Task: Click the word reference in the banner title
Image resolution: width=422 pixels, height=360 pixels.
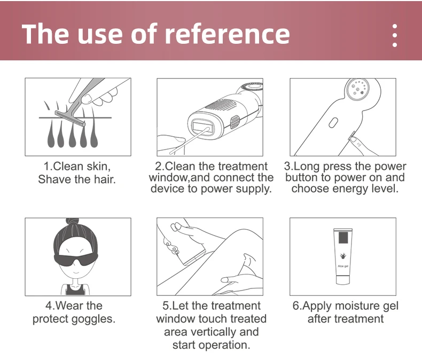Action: pos(227,34)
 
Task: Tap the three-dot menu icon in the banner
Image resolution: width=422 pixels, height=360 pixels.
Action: pos(395,35)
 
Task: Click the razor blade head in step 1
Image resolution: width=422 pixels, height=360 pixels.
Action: pos(70,119)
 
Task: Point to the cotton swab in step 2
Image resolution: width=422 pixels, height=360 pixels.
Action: pos(190,140)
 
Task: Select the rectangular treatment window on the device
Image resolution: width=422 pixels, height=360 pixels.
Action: pos(202,127)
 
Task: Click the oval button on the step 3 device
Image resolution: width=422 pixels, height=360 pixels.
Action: pos(333,123)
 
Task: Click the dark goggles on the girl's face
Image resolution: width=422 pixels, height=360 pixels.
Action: pos(76,260)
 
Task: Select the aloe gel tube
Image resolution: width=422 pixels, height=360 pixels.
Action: pos(343,256)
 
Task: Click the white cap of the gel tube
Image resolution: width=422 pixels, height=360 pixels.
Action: pos(343,279)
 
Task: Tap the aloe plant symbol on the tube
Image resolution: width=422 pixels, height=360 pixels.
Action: pos(343,256)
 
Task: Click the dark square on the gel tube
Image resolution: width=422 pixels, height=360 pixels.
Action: pos(343,237)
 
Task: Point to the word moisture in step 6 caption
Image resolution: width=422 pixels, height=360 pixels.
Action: pos(356,306)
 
